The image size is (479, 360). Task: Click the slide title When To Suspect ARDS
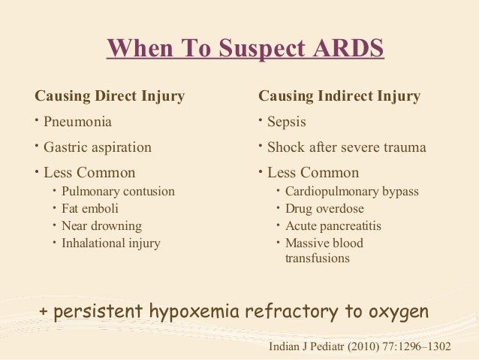click(245, 47)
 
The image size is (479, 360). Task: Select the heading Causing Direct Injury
click(110, 97)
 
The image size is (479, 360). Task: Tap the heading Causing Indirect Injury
click(339, 97)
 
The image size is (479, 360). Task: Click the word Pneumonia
click(78, 122)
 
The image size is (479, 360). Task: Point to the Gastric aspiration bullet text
click(97, 147)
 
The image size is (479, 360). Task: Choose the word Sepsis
click(287, 122)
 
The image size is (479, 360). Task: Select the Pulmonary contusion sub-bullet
click(118, 192)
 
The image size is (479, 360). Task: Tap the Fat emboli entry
click(90, 209)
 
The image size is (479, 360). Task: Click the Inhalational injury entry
click(111, 244)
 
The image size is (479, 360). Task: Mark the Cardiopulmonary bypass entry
click(351, 192)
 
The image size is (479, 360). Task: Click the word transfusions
click(317, 259)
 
